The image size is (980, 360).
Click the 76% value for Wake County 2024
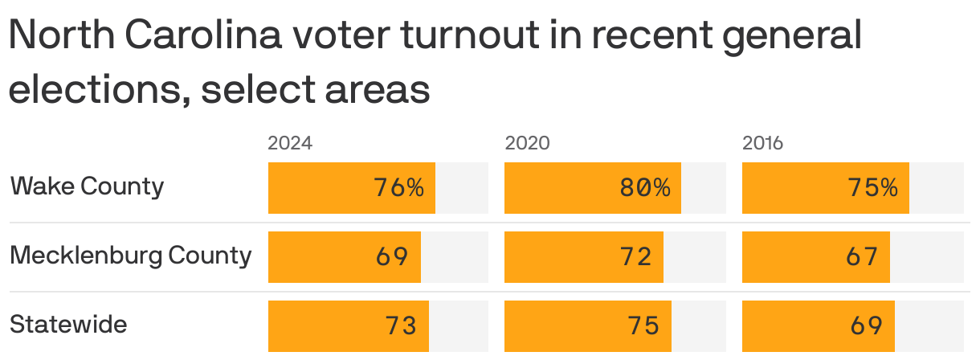398,188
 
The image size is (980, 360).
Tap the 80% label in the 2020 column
644,188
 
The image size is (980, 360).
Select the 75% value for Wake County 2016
872,188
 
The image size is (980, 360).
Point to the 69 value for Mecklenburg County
392,257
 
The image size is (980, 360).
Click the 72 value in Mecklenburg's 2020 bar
635,257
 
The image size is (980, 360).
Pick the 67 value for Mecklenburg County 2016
862,257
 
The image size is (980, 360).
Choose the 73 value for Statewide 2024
400,325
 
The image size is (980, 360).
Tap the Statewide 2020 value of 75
643,325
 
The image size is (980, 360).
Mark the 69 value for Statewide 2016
866,325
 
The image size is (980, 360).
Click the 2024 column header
289,144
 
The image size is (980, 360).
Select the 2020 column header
527,144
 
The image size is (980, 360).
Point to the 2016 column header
762,144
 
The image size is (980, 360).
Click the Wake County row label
87,186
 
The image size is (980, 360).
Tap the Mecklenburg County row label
130,256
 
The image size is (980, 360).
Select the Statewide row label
68,325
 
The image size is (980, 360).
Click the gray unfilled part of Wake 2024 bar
462,188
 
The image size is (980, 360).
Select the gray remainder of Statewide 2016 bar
929,325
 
